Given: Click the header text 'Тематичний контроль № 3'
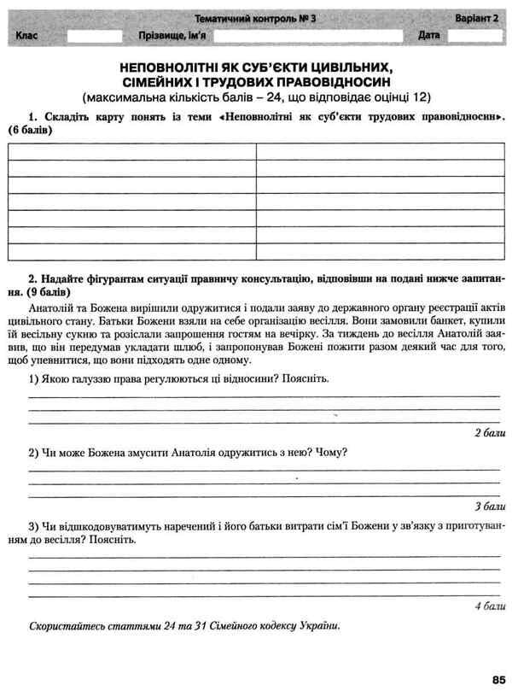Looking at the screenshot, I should (255, 18).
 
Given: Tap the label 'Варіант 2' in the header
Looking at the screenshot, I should (474, 18).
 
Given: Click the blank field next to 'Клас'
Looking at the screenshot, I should (94, 36).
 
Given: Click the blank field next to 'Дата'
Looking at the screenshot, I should (474, 36).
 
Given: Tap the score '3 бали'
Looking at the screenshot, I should (489, 505).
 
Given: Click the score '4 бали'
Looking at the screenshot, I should (489, 606).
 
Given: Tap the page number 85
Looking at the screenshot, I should (498, 679).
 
